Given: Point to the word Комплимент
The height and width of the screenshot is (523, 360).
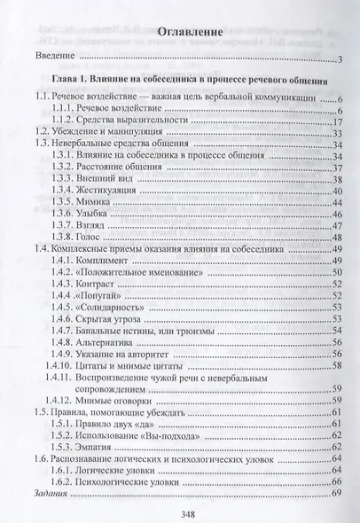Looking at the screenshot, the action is (108, 262).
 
